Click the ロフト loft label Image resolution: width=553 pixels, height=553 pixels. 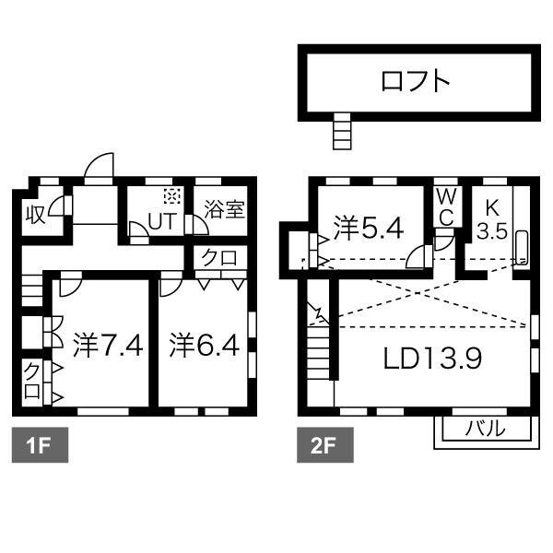coord(416,82)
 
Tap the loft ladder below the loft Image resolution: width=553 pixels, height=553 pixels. coord(342,131)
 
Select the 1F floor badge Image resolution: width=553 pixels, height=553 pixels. coord(36,448)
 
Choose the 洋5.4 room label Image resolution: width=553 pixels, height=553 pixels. coord(368,227)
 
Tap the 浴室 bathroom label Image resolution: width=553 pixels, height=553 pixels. coord(224,209)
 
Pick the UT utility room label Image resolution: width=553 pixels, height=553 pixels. coord(162,221)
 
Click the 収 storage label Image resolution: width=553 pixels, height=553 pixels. coord(35,214)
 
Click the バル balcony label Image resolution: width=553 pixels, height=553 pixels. coord(484,429)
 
